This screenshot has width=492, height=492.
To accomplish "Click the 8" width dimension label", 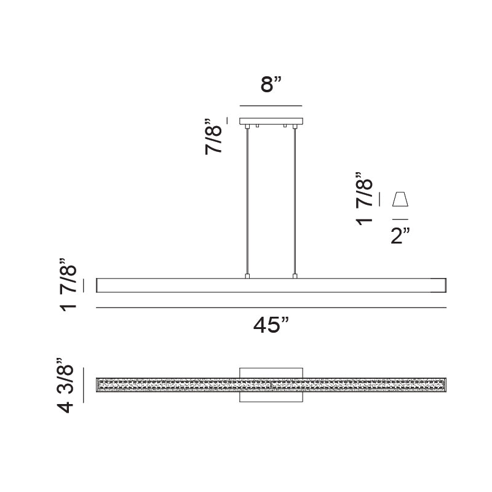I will (271, 84).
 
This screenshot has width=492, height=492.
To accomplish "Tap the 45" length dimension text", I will (271, 325).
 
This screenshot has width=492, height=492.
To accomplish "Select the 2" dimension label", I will (400, 236).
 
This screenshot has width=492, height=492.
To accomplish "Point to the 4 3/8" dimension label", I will (66, 385).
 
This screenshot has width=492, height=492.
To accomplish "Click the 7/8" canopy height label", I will (215, 136).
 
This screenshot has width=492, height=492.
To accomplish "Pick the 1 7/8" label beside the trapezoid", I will (365, 199).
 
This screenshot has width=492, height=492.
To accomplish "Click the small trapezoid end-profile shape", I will (400, 199).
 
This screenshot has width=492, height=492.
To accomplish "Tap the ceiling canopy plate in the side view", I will (271, 121).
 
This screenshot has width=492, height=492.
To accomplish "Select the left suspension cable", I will (247, 200).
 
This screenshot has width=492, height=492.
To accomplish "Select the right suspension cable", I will (295, 200).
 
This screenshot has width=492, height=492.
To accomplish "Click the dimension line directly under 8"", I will (271, 105).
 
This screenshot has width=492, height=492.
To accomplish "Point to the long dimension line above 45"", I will (271, 307).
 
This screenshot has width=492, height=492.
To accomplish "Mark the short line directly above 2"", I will (400, 219).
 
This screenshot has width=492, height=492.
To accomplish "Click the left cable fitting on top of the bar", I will (247, 276).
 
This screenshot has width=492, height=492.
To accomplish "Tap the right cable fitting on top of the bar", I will (295, 276).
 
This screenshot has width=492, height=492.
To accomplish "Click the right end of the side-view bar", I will (443, 285).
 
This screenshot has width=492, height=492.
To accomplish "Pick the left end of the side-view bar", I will (99, 285).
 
